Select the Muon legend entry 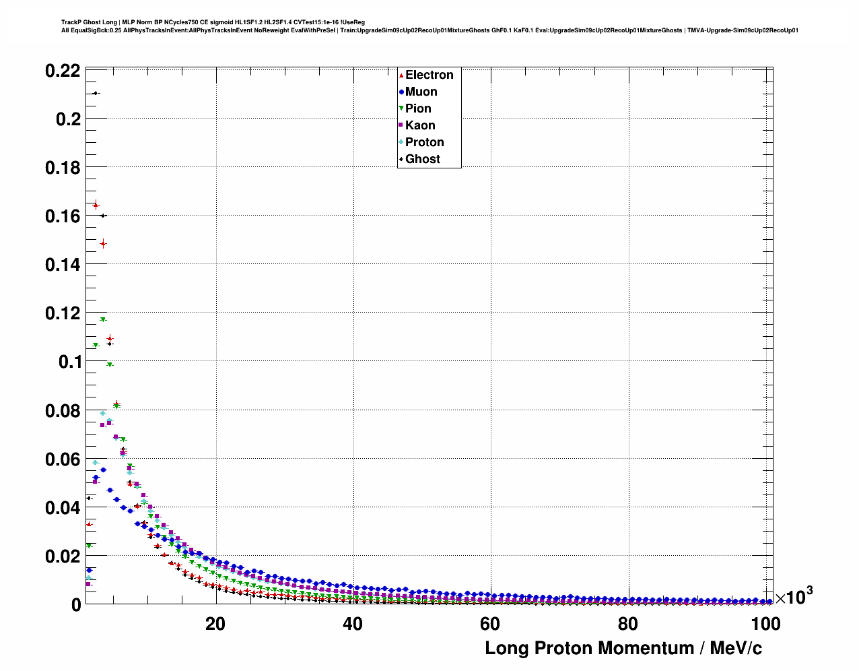click(x=421, y=92)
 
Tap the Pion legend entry click(x=418, y=108)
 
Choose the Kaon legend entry click(x=420, y=125)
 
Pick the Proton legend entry click(x=424, y=142)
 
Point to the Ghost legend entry click(x=422, y=159)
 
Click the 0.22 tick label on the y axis click(x=63, y=71)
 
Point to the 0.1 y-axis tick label click(x=69, y=362)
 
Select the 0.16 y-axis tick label click(x=63, y=216)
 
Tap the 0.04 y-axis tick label click(x=63, y=508)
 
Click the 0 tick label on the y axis click(x=76, y=605)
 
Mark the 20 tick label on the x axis click(x=215, y=624)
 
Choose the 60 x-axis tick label click(x=490, y=624)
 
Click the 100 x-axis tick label click(x=765, y=624)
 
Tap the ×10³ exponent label click(x=794, y=596)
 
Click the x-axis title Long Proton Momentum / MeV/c click(x=623, y=648)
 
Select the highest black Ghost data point click(x=95, y=93)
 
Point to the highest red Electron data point click(x=96, y=205)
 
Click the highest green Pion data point click(x=103, y=319)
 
